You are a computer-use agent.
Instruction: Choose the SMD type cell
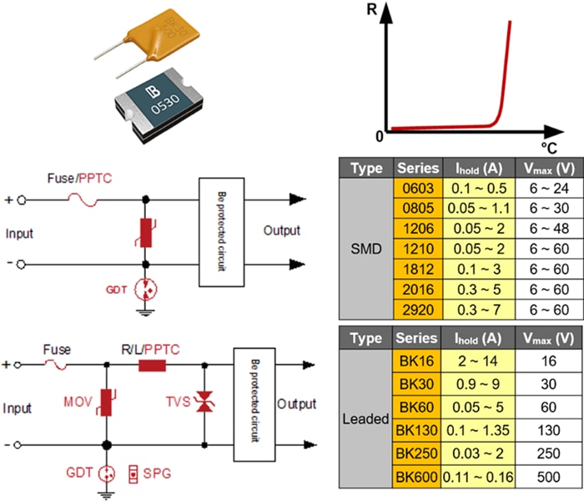(366, 248)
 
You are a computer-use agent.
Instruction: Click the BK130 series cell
(417, 429)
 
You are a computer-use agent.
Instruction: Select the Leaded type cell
(366, 418)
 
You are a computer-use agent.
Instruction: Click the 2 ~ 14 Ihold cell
(480, 360)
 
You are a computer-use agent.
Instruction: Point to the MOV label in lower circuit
(76, 404)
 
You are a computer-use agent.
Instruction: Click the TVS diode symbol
(204, 402)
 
